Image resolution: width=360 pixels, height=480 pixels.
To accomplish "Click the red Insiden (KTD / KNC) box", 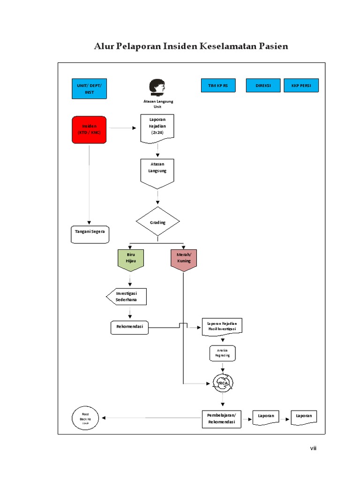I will click(90, 129).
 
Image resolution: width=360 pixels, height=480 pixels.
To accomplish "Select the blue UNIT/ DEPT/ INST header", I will click(90, 89).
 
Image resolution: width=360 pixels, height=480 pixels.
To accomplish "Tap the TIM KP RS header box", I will click(217, 86).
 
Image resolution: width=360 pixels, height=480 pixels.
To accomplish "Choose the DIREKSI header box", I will click(263, 86).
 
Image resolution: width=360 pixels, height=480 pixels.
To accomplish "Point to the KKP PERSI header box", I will click(304, 86).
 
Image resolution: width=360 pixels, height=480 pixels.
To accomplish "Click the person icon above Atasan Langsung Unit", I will click(157, 87).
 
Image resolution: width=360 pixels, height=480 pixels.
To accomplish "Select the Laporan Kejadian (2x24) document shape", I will click(158, 127).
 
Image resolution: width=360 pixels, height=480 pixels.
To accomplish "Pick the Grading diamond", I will click(158, 222).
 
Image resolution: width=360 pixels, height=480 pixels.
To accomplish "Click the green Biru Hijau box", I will click(130, 259).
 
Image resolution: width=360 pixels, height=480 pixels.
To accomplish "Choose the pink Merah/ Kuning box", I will click(184, 259).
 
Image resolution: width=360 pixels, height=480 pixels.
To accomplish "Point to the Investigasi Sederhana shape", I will click(127, 297).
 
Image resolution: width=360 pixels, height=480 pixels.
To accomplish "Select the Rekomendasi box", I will click(129, 327).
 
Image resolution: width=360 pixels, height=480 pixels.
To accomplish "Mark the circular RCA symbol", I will click(223, 384).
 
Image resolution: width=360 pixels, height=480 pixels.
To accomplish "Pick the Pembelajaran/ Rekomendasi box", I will click(222, 419).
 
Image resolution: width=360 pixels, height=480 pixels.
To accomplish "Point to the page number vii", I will click(313, 448).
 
